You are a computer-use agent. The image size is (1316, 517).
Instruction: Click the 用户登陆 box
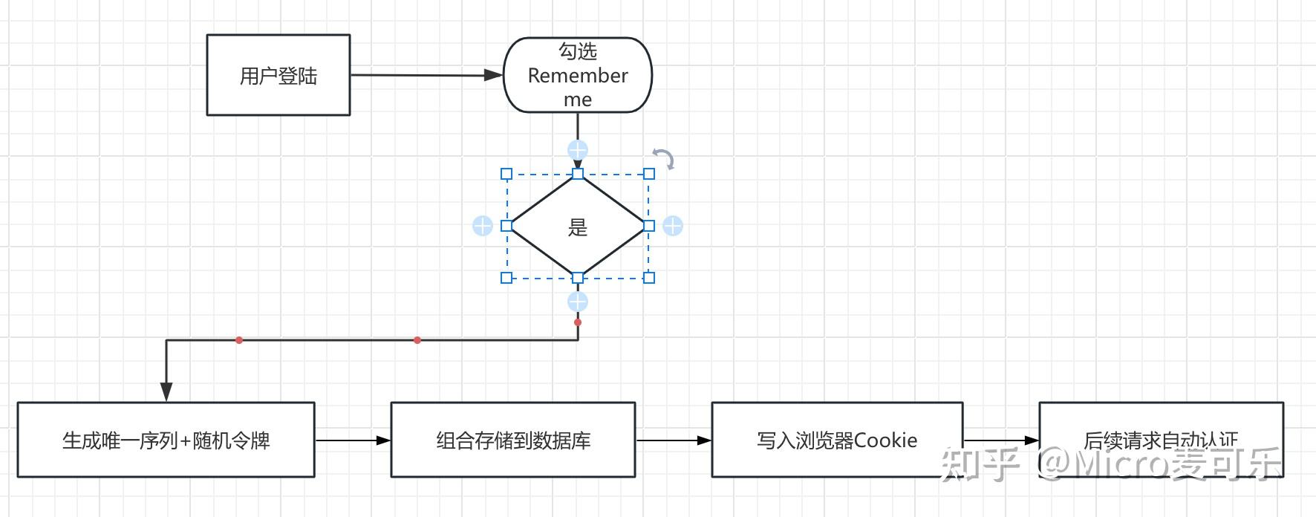point(278,75)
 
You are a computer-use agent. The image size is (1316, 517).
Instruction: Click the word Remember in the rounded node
point(578,76)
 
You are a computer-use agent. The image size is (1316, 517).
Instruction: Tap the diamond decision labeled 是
point(578,227)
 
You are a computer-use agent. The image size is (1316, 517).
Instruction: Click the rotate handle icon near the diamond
point(663,159)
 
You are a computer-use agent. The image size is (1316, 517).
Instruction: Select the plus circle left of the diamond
point(483,226)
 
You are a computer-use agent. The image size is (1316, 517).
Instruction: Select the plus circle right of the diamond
point(673,226)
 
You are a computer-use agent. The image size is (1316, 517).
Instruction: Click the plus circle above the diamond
point(578,150)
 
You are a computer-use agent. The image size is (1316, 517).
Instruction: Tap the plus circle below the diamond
point(578,302)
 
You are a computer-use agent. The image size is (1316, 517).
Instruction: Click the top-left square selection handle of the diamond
point(506,174)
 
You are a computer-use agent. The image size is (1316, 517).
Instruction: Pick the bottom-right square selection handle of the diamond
point(649,278)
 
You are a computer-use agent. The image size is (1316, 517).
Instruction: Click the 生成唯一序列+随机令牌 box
point(166,440)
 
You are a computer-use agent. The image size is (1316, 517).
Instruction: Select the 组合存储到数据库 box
point(512,440)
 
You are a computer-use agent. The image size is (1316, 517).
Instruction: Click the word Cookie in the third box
point(885,440)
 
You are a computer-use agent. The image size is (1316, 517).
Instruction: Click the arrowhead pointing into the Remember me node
point(493,75)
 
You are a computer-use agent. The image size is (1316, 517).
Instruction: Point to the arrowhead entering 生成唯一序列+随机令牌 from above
point(166,391)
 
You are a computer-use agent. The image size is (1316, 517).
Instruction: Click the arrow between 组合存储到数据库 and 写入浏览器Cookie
point(673,440)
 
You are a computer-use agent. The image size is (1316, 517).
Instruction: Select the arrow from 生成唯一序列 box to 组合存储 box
point(353,440)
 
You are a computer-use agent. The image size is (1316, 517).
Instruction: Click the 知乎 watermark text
point(980,465)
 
